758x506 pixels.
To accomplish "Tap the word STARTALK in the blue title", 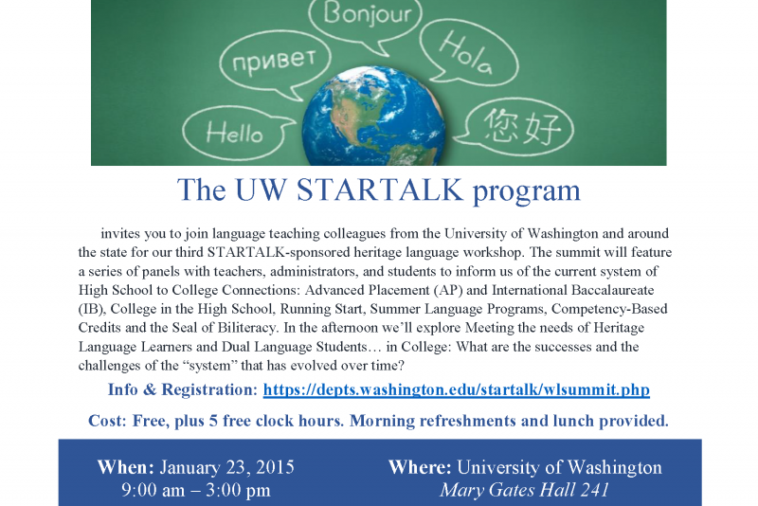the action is click(380, 190).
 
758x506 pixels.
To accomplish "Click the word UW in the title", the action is click(262, 190).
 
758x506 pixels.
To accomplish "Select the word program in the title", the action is click(527, 191).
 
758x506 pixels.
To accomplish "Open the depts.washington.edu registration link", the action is click(457, 389).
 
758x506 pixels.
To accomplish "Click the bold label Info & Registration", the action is click(183, 389).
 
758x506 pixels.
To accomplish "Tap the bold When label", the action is click(126, 467).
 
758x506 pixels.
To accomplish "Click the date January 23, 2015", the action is click(226, 467).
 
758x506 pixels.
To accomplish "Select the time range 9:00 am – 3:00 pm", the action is click(196, 490).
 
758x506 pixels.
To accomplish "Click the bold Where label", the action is click(420, 467).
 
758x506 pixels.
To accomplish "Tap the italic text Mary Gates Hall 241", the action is click(525, 490).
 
